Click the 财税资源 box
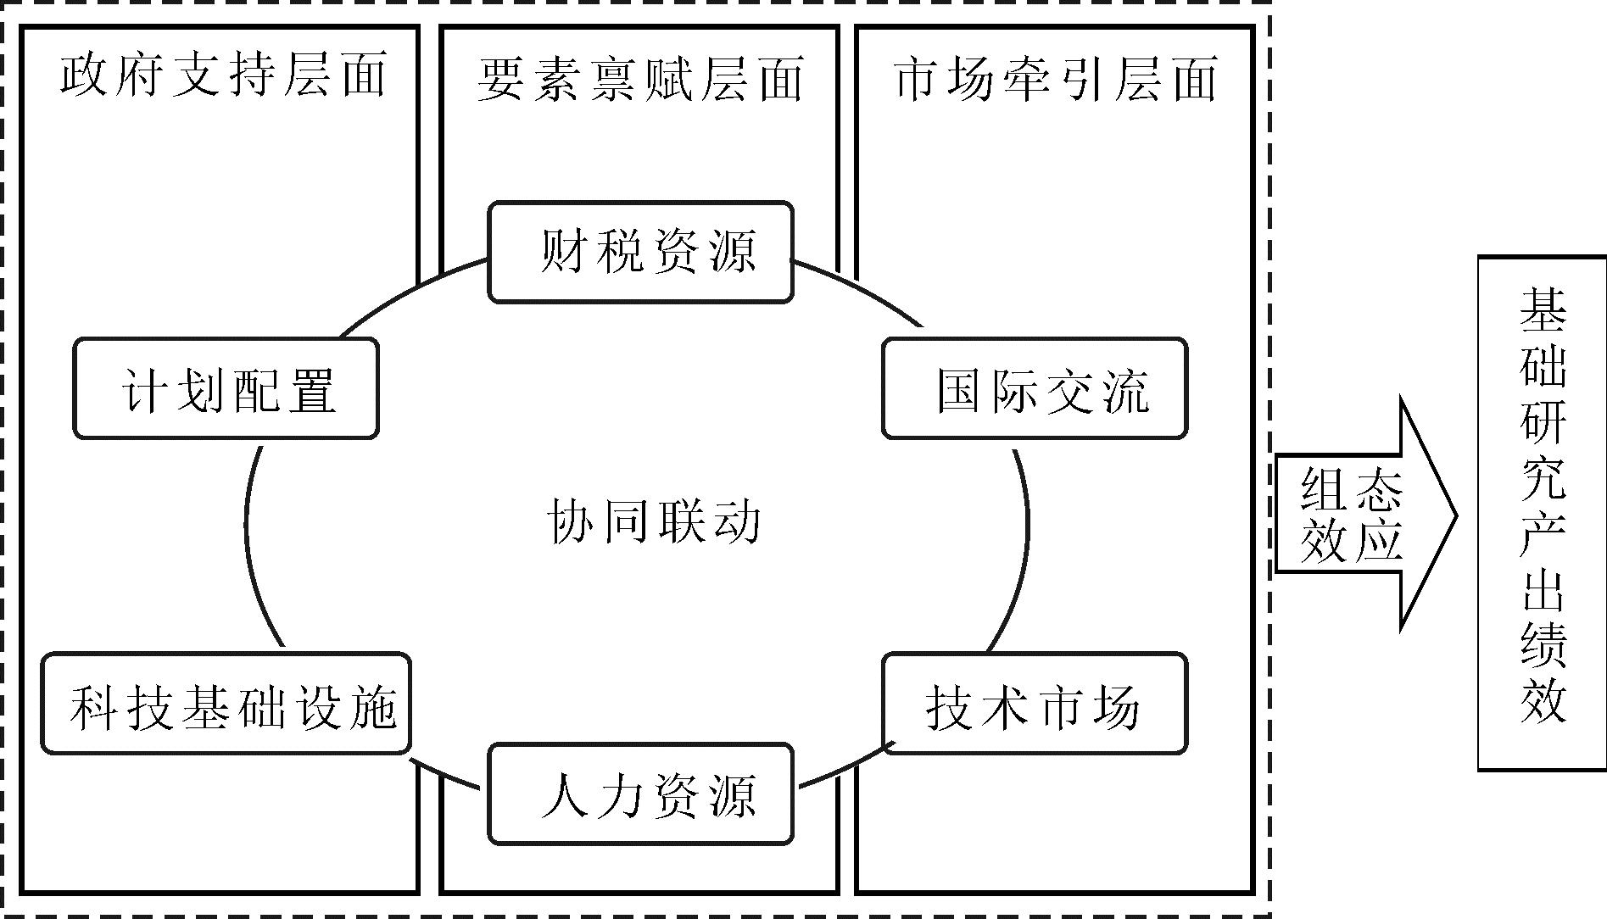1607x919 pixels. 641,252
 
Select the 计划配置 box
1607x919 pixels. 226,388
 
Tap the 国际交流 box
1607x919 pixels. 1035,388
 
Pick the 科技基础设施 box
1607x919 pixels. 226,703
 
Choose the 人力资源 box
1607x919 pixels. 641,794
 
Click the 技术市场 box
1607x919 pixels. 1035,703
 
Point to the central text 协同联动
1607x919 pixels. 653,520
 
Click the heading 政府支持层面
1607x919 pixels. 223,75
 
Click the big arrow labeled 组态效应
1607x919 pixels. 1365,515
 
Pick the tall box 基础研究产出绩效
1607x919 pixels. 1543,513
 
